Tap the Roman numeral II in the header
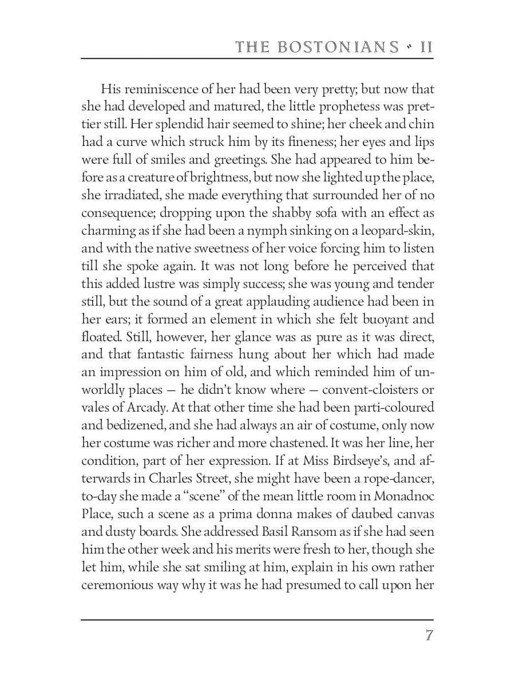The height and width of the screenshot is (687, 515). point(426,46)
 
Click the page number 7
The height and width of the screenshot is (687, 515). point(429,636)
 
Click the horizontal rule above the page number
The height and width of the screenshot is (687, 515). point(257,619)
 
